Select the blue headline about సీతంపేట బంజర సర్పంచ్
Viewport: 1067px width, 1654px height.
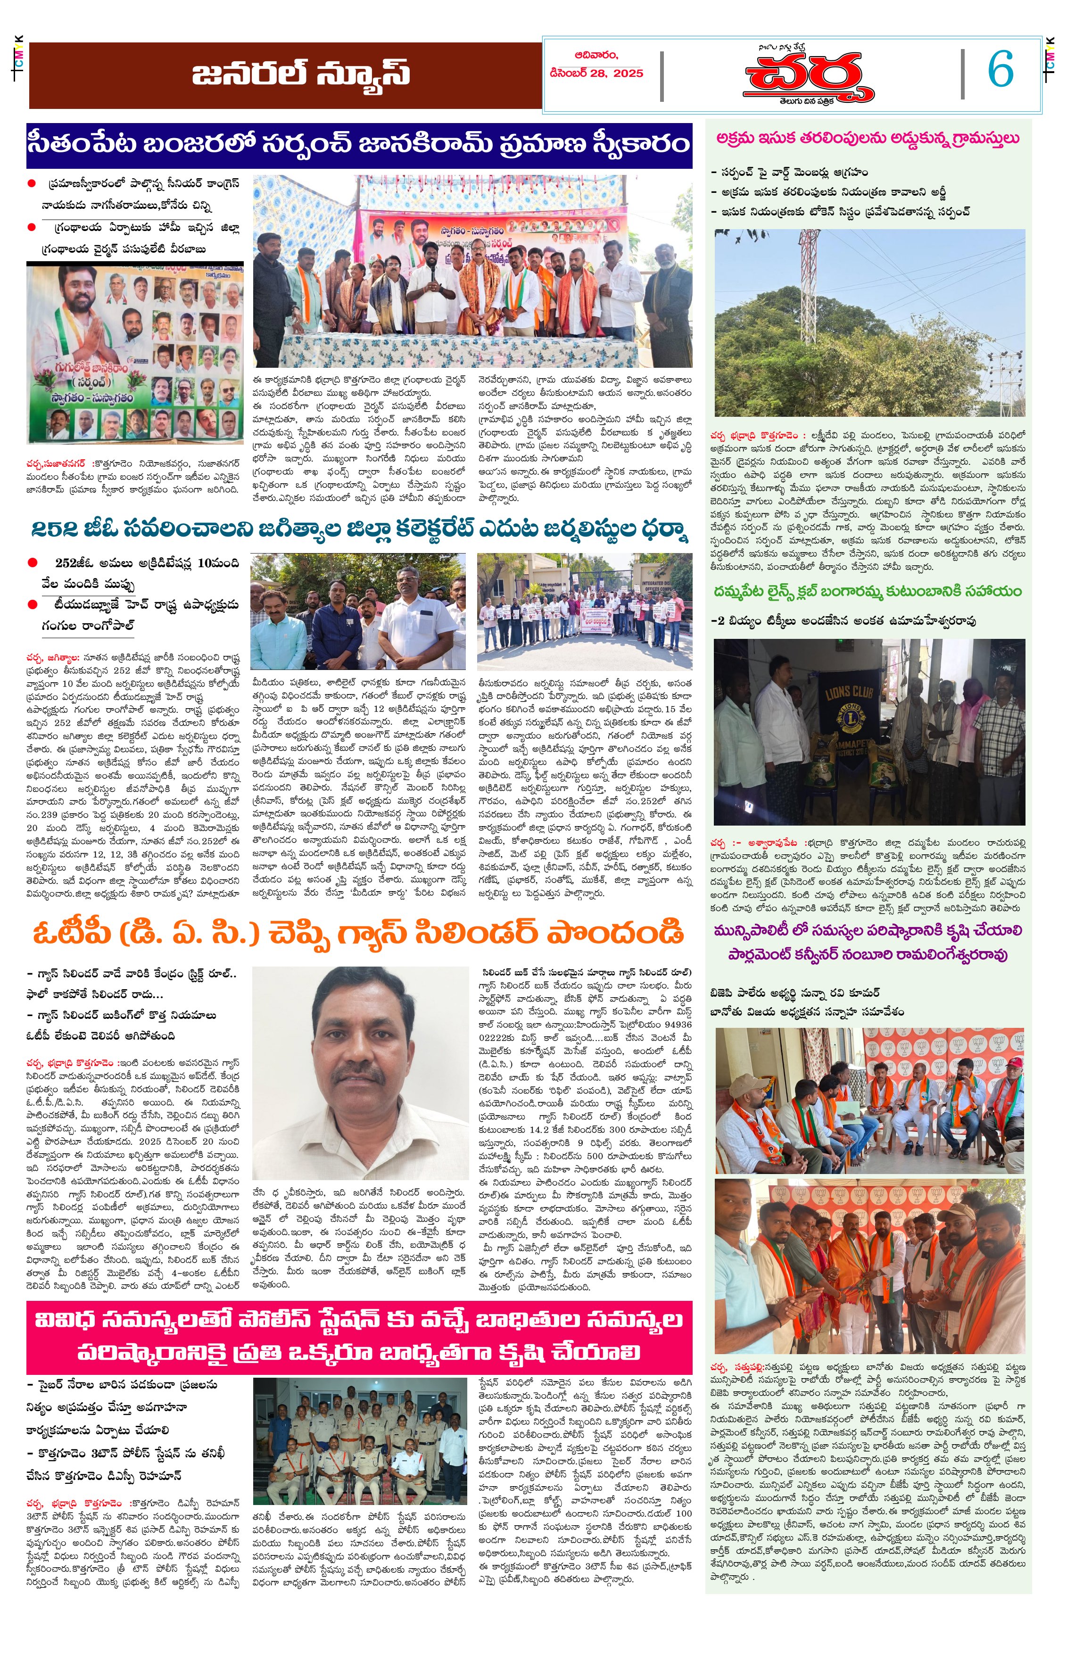pyautogui.click(x=359, y=144)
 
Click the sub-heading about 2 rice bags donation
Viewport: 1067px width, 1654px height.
pyautogui.click(x=843, y=621)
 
